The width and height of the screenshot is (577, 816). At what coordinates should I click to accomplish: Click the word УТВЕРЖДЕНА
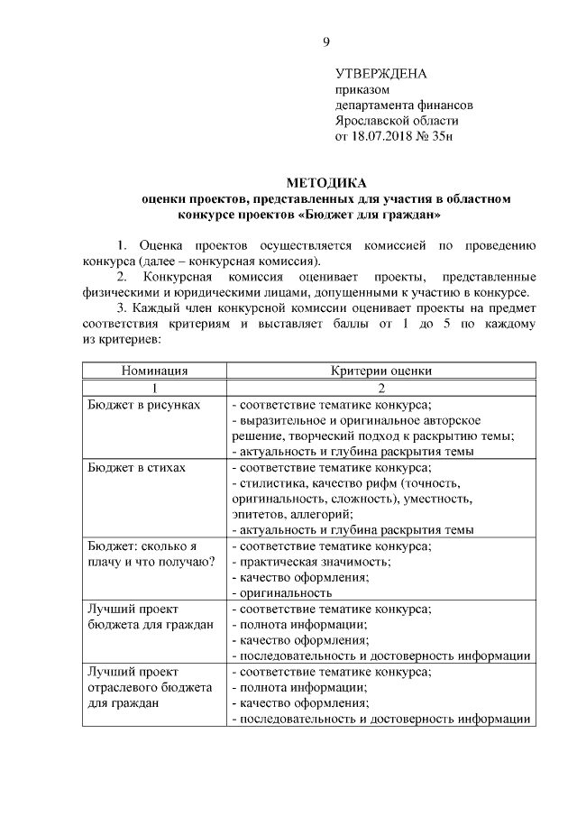point(380,73)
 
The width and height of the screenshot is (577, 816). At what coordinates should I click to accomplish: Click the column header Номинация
point(154,370)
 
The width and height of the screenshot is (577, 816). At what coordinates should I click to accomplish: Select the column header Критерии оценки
point(380,370)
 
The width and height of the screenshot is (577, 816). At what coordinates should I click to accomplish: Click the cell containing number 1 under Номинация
point(154,387)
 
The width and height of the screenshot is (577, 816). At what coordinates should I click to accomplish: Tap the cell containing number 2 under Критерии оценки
point(380,387)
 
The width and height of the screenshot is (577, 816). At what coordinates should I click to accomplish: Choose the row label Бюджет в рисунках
point(143,404)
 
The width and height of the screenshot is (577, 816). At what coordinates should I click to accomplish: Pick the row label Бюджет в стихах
point(137,468)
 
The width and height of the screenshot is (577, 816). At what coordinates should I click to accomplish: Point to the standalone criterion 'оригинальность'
point(281,593)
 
